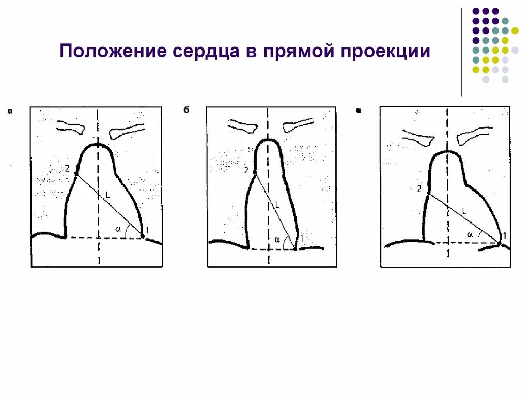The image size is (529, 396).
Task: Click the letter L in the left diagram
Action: coord(108,195)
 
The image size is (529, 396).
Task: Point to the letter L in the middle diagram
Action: coord(277,204)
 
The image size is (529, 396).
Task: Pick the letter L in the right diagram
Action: coord(464,211)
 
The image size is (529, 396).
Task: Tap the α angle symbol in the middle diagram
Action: coord(277,240)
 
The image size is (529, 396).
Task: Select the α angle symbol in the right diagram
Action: coord(470,234)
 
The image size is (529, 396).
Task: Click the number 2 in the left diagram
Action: coord(67,168)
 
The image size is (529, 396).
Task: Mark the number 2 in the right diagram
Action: coord(419,189)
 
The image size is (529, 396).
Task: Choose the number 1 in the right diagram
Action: coord(505,236)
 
